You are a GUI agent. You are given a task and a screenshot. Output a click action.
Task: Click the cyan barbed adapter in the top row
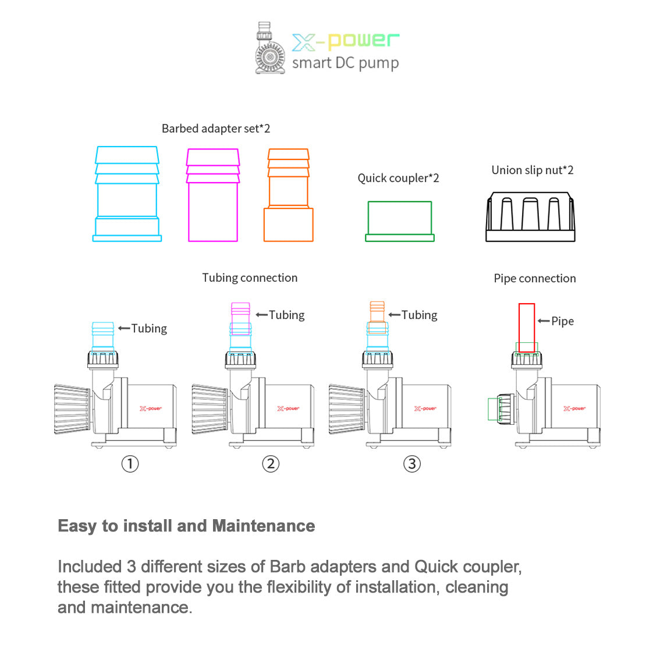pos(127,194)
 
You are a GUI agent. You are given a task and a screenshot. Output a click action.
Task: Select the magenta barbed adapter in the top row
pos(213,196)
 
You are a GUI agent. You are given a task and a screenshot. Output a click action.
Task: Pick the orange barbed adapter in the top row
pos(288,196)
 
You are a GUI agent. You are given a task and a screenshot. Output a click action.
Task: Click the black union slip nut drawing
pos(530,217)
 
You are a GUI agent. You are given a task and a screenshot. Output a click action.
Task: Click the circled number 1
pos(130,464)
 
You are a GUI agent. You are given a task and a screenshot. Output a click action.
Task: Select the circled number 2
pos(271,464)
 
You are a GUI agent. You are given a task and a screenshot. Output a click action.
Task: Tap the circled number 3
pos(412,464)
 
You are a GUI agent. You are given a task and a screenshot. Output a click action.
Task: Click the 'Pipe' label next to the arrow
pos(562,321)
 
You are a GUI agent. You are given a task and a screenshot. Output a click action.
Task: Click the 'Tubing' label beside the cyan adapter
pos(149,329)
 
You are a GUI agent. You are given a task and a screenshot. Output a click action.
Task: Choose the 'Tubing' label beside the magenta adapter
pos(286,315)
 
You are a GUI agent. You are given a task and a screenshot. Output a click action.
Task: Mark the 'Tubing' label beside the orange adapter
pos(419,315)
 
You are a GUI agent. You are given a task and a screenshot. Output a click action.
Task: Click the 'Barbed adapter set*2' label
pos(216,129)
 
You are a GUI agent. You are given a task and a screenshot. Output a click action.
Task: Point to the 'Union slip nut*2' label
pos(533,171)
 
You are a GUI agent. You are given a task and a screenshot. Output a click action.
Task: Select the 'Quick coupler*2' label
pos(398,178)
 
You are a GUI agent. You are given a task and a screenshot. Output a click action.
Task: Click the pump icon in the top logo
pos(269,49)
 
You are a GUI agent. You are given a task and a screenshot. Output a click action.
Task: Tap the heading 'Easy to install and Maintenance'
pos(186,526)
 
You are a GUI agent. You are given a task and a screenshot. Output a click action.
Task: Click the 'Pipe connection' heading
pos(535,279)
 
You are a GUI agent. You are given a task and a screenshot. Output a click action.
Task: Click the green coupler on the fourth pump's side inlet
pos(494,409)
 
